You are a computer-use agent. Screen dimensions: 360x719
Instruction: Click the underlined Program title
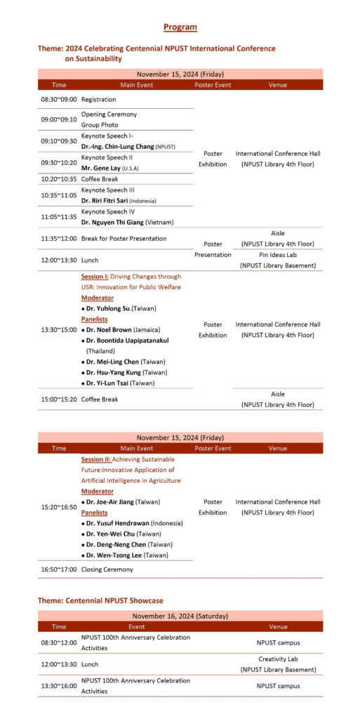(x=180, y=27)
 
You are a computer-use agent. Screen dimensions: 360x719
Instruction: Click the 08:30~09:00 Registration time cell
(x=59, y=100)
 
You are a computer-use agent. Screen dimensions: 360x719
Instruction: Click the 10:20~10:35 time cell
(x=59, y=179)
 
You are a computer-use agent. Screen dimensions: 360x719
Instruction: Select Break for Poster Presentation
(x=124, y=239)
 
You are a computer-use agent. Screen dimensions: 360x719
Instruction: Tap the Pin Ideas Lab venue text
(x=278, y=255)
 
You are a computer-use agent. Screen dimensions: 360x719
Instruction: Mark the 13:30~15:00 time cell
(x=59, y=329)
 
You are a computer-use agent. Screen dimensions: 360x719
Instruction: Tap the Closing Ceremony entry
(x=107, y=569)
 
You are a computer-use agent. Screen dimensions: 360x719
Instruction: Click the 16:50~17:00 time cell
(x=59, y=569)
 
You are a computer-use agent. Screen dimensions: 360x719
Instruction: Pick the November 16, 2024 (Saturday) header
(x=180, y=616)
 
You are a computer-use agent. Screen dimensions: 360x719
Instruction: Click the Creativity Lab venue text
(x=278, y=659)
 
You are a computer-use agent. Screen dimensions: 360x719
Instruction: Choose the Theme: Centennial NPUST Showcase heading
(x=100, y=600)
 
